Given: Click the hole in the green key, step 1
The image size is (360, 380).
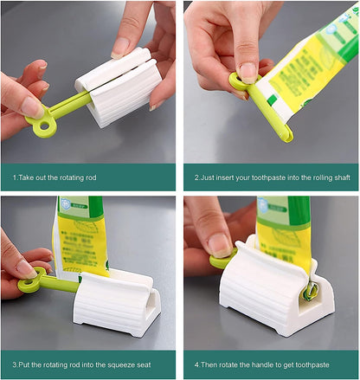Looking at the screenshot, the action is [x=44, y=126].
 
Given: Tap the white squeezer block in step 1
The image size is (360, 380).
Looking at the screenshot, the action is [x=119, y=87].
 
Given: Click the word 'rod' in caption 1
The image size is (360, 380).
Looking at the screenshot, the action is [x=91, y=177].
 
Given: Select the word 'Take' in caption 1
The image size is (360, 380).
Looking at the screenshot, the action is [x=25, y=177].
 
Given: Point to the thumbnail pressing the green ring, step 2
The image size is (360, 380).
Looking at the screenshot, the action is [x=247, y=71].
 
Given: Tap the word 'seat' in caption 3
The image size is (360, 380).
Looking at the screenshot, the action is [x=144, y=365].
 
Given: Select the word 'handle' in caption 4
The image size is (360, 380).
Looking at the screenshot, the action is [x=264, y=365].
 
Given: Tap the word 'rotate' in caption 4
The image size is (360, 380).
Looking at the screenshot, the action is [x=228, y=365].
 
